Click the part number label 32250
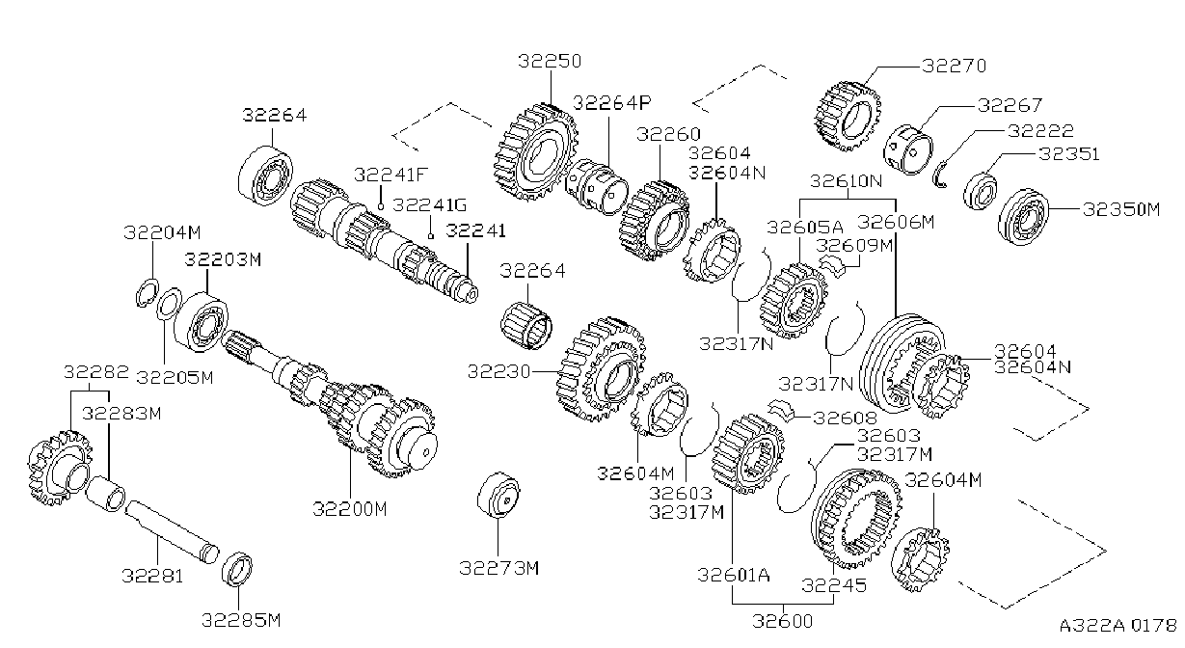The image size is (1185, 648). (550, 61)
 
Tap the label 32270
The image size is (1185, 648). (955, 66)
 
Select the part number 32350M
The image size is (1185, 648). (1121, 209)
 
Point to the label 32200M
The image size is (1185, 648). (350, 509)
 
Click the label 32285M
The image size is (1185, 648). (241, 620)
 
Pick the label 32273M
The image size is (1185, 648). (498, 568)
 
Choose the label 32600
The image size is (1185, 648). (782, 620)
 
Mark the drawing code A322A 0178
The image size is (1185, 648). (1118, 626)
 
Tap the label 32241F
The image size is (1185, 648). (391, 175)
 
